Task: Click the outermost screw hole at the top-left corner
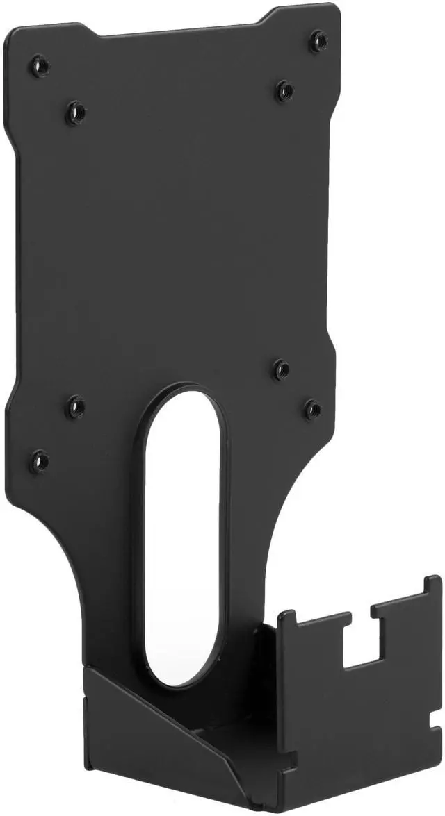[x=39, y=66]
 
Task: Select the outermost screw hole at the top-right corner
[x=318, y=40]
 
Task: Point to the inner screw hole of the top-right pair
[x=284, y=90]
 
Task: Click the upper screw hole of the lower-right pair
[x=280, y=369]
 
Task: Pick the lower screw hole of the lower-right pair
[x=313, y=410]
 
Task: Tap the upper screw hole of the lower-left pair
[x=75, y=407]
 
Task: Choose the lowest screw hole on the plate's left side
[x=40, y=460]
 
